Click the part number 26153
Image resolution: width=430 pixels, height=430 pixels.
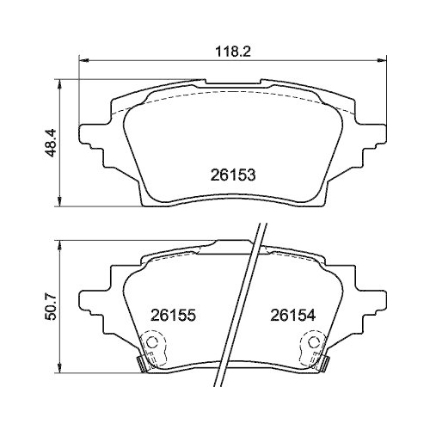233,172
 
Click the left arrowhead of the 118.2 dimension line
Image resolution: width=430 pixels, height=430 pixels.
83,60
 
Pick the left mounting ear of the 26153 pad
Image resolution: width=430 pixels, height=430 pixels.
89,136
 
